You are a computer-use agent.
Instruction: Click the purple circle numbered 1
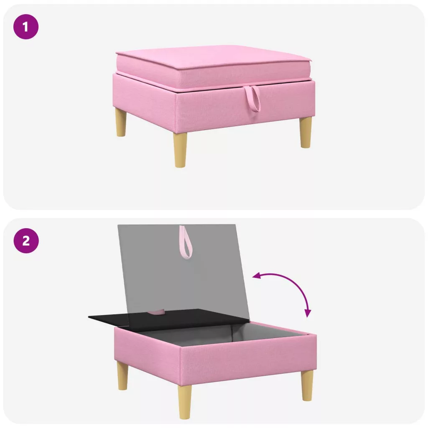[26, 27]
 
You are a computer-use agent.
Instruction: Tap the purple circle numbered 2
[26, 240]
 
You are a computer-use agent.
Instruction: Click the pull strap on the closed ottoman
[252, 99]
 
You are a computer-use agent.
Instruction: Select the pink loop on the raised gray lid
[186, 242]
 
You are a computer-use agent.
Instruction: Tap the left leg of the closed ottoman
[121, 122]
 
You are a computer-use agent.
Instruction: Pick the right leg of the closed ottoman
[306, 133]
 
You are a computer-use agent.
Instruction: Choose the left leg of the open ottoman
[122, 376]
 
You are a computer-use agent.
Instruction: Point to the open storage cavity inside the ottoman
[224, 333]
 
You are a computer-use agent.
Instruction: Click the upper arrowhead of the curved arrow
[256, 276]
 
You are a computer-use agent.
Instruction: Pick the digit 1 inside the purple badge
[25, 27]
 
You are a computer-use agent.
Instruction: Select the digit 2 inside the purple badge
[26, 241]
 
